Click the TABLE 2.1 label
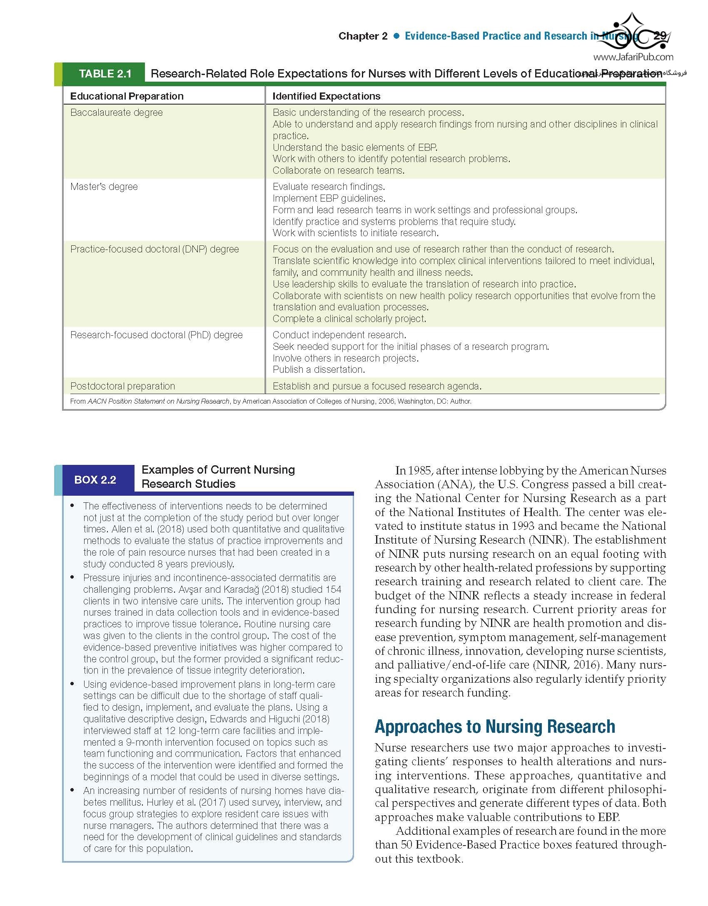coord(105,74)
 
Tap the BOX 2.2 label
coord(95,479)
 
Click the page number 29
coord(660,36)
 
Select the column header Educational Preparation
coord(127,96)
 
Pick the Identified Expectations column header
coord(326,96)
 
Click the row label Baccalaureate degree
coord(116,112)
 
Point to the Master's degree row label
coord(104,187)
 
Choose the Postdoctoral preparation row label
coord(122,386)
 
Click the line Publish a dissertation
coord(319,369)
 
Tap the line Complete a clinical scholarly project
coord(349,319)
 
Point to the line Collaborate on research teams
coord(338,170)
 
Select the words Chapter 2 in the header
coord(363,36)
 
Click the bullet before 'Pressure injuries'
coord(72,577)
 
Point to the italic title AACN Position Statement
coord(158,402)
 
